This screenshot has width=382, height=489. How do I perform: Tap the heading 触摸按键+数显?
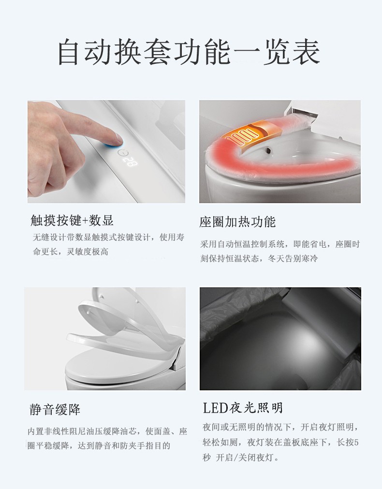pyautogui.click(x=72, y=220)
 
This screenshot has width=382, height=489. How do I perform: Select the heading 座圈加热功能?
pyautogui.click(x=237, y=222)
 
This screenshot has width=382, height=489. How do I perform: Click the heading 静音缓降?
pyautogui.click(x=55, y=409)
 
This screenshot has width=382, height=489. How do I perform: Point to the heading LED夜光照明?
pyautogui.click(x=243, y=408)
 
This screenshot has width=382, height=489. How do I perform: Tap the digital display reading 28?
pyautogui.click(x=131, y=162)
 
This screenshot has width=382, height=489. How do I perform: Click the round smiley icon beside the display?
pyautogui.click(x=122, y=153)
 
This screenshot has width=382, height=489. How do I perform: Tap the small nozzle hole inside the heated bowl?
pyautogui.click(x=268, y=150)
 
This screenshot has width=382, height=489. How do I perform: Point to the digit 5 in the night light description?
pyautogui.click(x=356, y=442)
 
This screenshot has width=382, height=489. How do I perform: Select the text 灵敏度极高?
pyautogui.click(x=88, y=252)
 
